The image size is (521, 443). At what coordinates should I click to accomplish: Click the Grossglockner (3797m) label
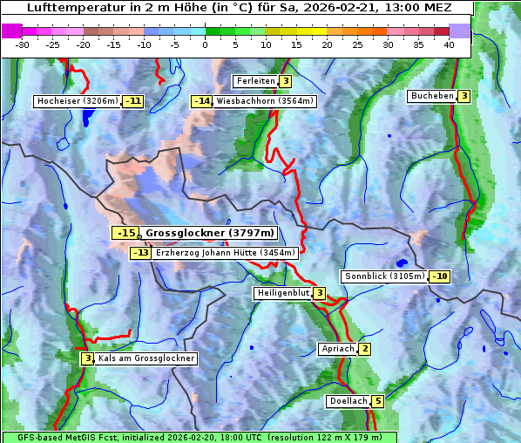pos(209,233)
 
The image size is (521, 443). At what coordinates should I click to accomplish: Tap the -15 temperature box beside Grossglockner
pos(125,233)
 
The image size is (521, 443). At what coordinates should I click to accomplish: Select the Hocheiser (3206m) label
pos(78,101)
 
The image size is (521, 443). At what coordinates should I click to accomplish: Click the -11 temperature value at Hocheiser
pos(132,101)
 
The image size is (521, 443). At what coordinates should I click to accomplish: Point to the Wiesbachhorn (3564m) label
pos(265,101)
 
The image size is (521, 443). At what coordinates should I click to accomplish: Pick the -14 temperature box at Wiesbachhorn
pos(202,101)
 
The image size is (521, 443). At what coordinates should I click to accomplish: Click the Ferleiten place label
pos(255,81)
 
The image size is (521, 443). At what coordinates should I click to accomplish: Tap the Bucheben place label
pos(432,96)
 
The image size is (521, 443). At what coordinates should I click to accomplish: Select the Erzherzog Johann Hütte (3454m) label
pos(225,253)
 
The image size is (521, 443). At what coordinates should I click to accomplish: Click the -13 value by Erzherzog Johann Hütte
pos(140,253)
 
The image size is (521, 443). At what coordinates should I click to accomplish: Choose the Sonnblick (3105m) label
pos(384,276)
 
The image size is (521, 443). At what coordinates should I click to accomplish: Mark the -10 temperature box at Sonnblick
pos(440,276)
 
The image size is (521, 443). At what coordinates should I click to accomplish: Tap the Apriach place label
pos(338,350)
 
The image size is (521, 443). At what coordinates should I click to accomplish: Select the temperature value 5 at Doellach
pos(377,402)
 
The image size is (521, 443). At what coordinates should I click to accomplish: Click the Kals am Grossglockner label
pos(145,358)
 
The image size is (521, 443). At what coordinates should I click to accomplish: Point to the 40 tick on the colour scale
pos(449,44)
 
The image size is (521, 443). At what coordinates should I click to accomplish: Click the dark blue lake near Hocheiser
pos(86,119)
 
